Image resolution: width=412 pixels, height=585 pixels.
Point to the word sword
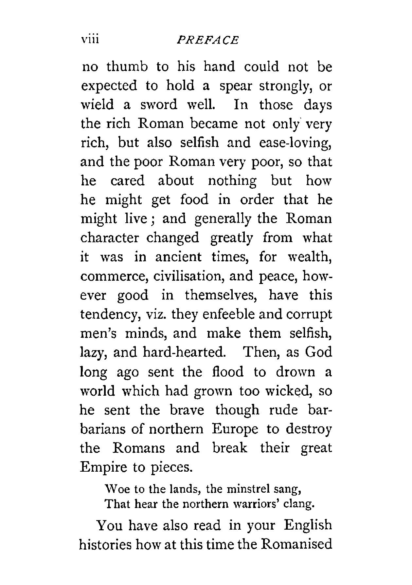click(x=159, y=105)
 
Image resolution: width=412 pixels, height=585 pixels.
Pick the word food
click(x=194, y=200)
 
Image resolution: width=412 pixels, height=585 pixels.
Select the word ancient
click(x=178, y=257)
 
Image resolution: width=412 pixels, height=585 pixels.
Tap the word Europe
click(x=235, y=429)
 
